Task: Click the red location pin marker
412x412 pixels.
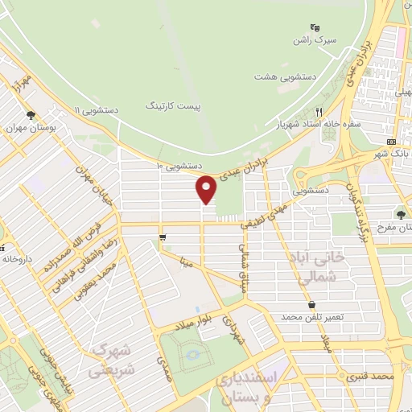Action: tap(207, 188)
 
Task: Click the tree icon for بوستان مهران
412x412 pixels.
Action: tap(31, 115)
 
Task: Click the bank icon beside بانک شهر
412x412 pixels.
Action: tap(381, 152)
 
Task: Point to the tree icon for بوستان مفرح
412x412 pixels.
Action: tap(401, 213)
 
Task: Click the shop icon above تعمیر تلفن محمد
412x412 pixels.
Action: tap(311, 303)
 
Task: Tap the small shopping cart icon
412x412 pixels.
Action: tap(163, 237)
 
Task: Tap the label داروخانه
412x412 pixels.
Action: tap(17, 259)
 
